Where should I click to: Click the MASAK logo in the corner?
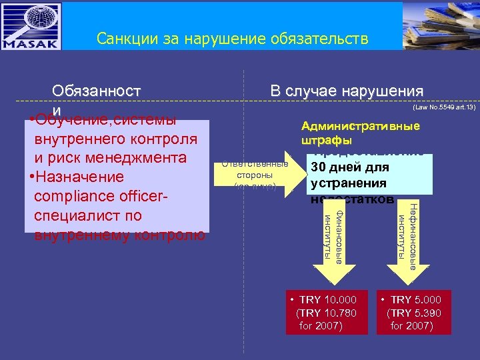[33, 27]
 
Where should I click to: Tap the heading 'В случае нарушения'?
[346, 91]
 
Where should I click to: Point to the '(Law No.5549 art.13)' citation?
[444, 107]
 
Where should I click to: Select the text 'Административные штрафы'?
[360, 133]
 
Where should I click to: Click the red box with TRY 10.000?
[324, 312]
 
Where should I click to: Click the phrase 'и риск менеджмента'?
[111, 158]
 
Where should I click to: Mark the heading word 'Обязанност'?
[97, 91]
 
